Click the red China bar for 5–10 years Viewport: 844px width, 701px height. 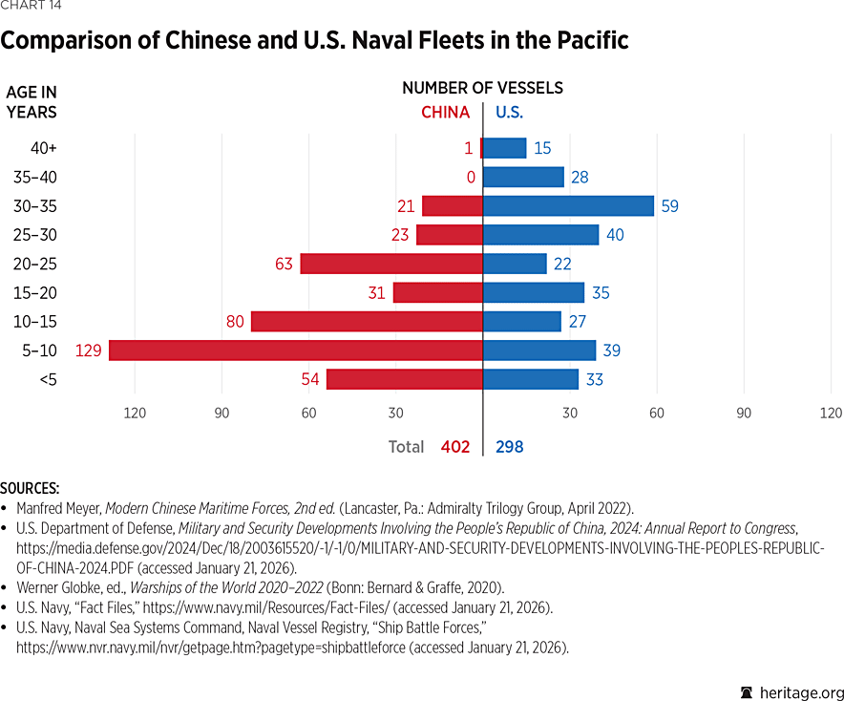click(x=296, y=350)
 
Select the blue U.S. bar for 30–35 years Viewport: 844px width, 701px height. click(x=568, y=205)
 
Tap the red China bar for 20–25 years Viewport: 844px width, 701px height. click(x=391, y=264)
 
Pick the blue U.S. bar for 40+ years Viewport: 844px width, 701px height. click(x=504, y=148)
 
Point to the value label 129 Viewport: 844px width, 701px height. click(x=88, y=350)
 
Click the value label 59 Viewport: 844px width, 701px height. click(x=669, y=205)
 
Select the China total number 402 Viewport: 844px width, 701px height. click(x=455, y=446)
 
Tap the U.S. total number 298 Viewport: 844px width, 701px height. click(x=509, y=446)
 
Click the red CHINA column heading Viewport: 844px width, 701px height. click(x=445, y=112)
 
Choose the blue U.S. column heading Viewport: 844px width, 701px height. click(x=509, y=112)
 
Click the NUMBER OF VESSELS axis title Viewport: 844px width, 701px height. click(x=482, y=88)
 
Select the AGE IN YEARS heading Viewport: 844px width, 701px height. click(x=32, y=102)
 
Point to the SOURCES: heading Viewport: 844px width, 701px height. click(x=30, y=488)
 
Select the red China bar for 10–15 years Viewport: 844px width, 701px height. click(x=367, y=322)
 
